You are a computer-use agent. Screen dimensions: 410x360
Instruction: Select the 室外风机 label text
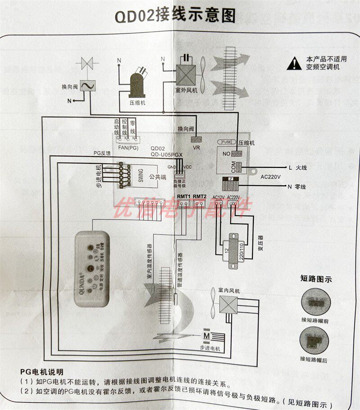coord(187,90)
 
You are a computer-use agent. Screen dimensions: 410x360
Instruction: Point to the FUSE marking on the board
coord(227,142)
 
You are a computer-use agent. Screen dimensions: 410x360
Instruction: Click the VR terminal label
coord(196,147)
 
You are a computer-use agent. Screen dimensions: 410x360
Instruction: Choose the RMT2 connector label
coord(199,197)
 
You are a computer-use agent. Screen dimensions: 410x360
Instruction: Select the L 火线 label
coord(297,167)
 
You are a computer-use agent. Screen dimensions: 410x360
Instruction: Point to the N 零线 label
coord(297,186)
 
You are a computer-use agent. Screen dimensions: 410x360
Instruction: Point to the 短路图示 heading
coord(316,279)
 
